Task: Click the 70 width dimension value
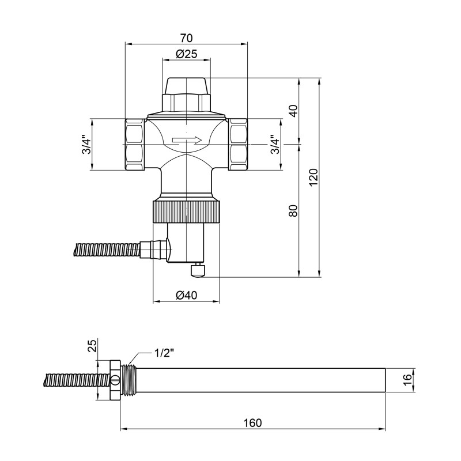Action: coord(186,38)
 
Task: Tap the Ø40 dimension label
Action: coord(186,295)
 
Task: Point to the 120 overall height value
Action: coord(313,177)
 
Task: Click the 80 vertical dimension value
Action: coord(293,210)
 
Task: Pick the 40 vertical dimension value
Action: coord(293,111)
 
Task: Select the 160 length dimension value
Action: coord(252,422)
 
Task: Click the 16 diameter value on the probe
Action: coord(407,380)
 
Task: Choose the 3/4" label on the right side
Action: coord(275,145)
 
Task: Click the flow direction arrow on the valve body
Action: coord(186,139)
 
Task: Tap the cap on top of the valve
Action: coord(186,86)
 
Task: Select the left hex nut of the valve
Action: coord(135,145)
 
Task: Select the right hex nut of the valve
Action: coord(238,145)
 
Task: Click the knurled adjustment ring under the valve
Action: coord(186,211)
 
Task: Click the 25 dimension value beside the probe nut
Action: coord(92,346)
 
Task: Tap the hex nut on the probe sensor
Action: coord(114,380)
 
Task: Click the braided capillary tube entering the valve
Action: coord(109,250)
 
